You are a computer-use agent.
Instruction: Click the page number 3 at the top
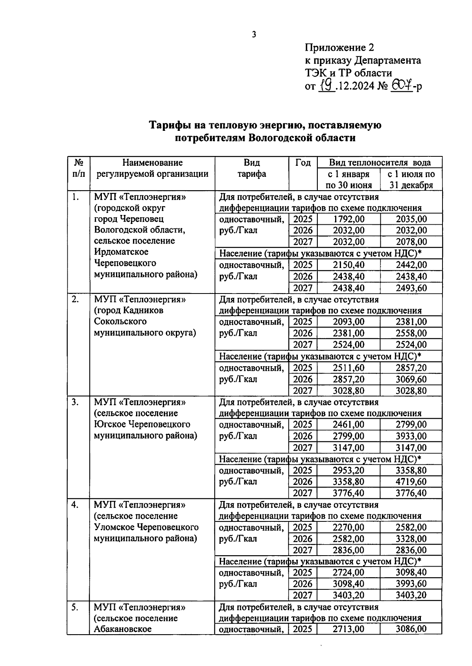click(254, 35)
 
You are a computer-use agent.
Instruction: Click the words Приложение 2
click(339, 48)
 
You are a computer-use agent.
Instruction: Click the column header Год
click(303, 163)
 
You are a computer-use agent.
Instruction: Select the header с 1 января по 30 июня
click(348, 180)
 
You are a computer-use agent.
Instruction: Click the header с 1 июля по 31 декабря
click(411, 180)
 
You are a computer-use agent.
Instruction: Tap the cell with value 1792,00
click(348, 219)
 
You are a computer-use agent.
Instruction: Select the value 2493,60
click(411, 288)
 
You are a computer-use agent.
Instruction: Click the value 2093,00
click(348, 322)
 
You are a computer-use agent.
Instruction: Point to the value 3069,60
click(411, 379)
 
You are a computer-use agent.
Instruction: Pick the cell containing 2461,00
click(348, 424)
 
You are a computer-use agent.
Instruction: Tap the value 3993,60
click(411, 584)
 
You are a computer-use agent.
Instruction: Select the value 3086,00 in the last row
click(411, 629)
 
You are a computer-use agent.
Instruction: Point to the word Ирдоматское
click(121, 252)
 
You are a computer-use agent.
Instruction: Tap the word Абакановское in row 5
click(123, 629)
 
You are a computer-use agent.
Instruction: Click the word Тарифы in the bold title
click(169, 126)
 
